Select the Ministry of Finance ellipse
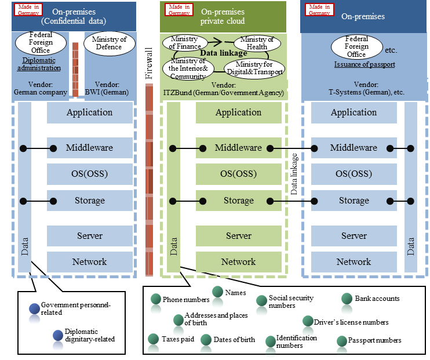[x=186, y=42]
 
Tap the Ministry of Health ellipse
[x=257, y=43]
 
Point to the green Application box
[x=238, y=112]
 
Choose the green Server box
[x=238, y=236]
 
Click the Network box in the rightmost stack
[x=354, y=262]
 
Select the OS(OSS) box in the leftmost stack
[x=89, y=174]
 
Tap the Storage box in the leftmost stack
[x=89, y=201]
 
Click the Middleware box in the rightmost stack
[x=354, y=148]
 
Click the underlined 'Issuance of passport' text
[x=365, y=64]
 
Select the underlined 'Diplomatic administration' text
[x=41, y=64]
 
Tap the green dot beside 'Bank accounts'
[x=347, y=299]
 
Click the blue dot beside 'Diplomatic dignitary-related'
[x=57, y=335]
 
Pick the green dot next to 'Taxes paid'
[x=154, y=339]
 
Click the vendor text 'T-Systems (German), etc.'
[x=365, y=92]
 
